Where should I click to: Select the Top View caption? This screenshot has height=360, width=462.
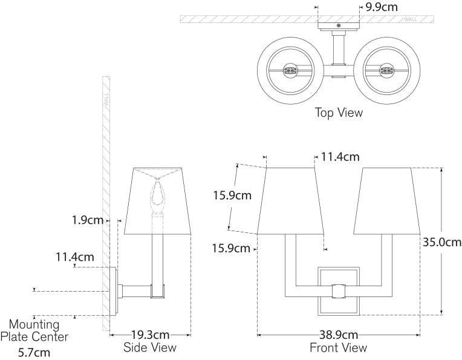click(x=338, y=113)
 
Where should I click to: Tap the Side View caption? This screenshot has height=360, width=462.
click(x=150, y=347)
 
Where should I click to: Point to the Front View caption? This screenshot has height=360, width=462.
click(x=338, y=347)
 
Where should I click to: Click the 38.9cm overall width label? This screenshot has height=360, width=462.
click(x=338, y=335)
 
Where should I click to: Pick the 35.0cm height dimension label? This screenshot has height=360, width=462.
click(x=441, y=241)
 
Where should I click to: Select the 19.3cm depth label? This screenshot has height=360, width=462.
click(x=150, y=335)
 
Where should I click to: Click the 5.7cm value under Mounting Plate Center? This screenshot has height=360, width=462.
click(x=34, y=352)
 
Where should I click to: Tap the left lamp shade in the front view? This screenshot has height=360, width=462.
click(x=291, y=201)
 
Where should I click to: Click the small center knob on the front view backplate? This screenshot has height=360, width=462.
click(x=339, y=290)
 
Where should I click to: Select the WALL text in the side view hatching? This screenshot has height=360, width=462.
click(x=106, y=99)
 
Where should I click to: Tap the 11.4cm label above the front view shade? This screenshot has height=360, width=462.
click(x=340, y=157)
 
